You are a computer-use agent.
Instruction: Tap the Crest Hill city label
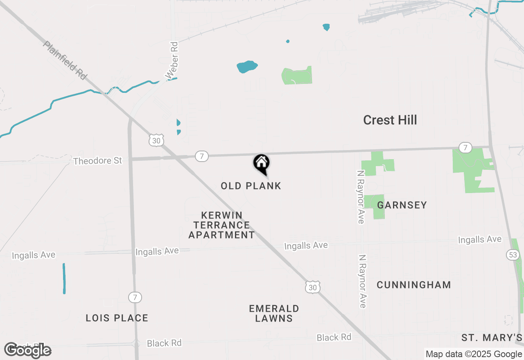390,120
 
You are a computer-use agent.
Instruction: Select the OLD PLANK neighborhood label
251,186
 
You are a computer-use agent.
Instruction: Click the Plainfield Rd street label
65,60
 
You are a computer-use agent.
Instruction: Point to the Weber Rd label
172,60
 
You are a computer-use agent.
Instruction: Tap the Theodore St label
97,161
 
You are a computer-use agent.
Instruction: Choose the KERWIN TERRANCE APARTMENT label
221,225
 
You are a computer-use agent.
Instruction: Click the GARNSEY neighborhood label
402,205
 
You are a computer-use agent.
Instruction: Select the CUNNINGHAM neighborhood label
414,285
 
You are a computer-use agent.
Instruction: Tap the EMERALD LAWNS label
274,313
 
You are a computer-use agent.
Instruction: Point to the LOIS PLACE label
117,318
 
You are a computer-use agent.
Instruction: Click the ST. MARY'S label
492,338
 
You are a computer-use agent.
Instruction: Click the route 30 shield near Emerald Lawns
313,288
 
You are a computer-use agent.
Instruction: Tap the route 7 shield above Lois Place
135,297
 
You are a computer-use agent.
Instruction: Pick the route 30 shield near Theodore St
156,140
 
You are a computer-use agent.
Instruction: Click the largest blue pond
247,67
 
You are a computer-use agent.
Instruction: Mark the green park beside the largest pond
298,76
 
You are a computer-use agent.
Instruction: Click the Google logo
27,350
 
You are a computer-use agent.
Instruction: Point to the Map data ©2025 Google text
474,354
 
